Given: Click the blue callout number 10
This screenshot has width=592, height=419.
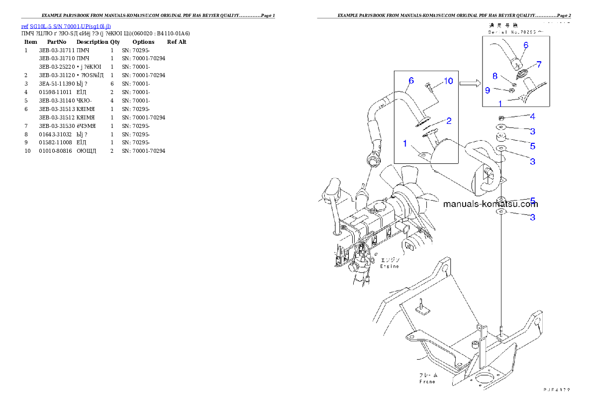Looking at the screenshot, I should coord(448,81).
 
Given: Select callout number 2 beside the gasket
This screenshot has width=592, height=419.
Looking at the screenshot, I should coord(448,120).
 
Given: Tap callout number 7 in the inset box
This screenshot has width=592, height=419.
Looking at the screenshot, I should coord(539,65).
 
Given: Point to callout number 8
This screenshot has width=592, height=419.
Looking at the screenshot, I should coord(495,76).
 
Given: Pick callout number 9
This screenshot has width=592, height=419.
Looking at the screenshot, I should coord(488,90).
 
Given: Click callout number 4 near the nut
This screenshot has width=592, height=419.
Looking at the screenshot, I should coord(532,117).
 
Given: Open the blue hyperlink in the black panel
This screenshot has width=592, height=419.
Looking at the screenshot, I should coord(66,26).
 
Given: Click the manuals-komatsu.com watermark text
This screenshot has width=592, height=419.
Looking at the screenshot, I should coord(490,204).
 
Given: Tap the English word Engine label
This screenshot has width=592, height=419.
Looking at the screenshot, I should coord(390,267).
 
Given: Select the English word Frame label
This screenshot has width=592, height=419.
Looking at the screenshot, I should coord(427,382).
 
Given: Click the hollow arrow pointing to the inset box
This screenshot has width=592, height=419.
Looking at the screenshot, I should coord(469,84).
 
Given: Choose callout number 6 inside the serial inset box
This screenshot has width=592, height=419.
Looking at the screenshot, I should coord(526,45).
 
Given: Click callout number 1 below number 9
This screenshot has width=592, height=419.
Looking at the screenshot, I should coord(500,104).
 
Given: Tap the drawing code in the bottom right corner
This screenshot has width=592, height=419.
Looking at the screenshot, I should coord(556,390).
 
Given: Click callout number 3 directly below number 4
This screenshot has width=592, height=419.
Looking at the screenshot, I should coord(532,131).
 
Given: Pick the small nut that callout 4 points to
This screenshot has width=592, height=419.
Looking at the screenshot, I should coord(501,117).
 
